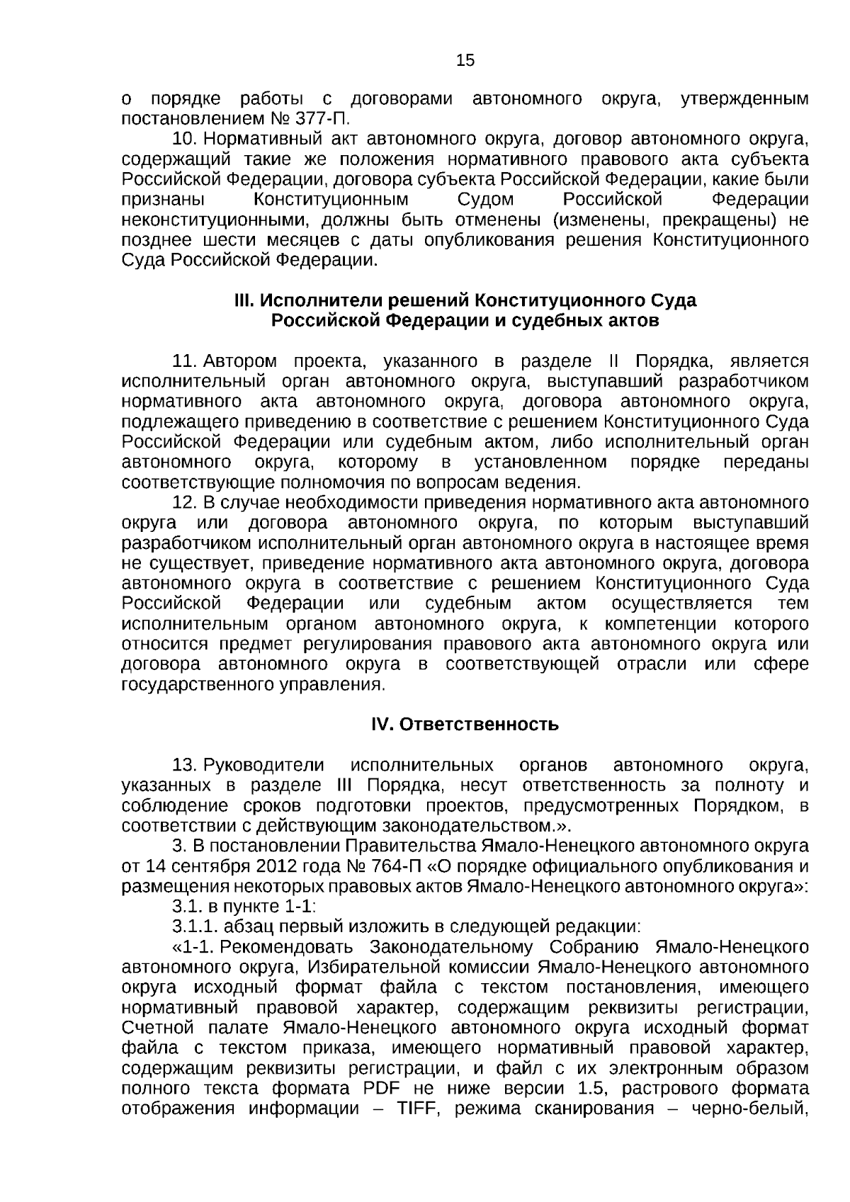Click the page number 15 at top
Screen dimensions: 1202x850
tap(465, 61)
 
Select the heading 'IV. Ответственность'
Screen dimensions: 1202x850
tap(465, 725)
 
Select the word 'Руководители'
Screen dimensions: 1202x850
tap(264, 766)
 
